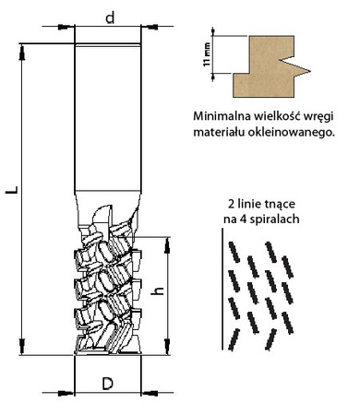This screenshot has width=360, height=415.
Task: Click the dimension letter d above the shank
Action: (110, 18)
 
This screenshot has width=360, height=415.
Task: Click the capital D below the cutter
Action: (108, 384)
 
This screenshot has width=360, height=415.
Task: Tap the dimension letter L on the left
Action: (13, 190)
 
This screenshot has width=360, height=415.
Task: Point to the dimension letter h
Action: (159, 290)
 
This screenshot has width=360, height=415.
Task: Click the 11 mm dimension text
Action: (207, 54)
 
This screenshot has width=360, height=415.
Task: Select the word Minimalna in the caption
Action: (222, 116)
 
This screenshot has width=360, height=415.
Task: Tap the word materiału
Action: (219, 132)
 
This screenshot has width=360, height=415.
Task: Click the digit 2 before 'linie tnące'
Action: (231, 204)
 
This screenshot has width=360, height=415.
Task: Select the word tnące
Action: (280, 204)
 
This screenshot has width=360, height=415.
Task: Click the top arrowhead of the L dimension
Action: (22, 52)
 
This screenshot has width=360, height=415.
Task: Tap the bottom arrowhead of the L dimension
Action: (22, 347)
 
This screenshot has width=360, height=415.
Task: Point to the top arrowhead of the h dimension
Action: (167, 245)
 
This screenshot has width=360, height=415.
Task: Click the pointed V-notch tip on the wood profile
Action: (310, 72)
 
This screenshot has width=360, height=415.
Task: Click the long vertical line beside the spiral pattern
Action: (222, 289)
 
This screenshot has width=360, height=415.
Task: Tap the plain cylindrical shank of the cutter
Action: (108, 118)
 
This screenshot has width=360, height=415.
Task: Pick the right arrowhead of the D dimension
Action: (150, 393)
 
